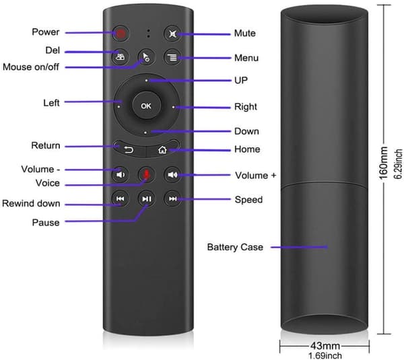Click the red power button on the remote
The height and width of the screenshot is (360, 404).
[x=121, y=33]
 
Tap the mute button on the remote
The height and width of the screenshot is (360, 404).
[x=172, y=34]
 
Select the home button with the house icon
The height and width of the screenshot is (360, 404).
[x=162, y=149]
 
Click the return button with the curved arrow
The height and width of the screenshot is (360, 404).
[x=129, y=149]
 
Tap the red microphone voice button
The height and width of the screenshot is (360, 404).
[x=146, y=174]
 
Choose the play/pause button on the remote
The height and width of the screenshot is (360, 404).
[x=147, y=199]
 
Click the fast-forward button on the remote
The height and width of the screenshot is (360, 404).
[x=172, y=199]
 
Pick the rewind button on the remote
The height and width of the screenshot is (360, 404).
[x=121, y=199]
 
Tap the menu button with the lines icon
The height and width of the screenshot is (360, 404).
[x=172, y=57]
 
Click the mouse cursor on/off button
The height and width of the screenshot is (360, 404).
[x=146, y=57]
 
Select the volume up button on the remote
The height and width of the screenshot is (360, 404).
[x=172, y=175]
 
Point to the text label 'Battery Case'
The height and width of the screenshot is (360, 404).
[x=235, y=247]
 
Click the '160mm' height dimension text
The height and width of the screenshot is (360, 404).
[x=383, y=163]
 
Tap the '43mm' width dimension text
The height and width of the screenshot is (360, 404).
[x=325, y=346]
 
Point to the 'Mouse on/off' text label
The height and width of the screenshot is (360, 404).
[x=31, y=67]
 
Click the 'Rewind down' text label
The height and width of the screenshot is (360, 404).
[x=31, y=203]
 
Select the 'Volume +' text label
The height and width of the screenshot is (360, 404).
[x=255, y=176]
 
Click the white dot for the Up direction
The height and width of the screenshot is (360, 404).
[x=146, y=81]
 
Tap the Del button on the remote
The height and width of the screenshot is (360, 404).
[x=121, y=57]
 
